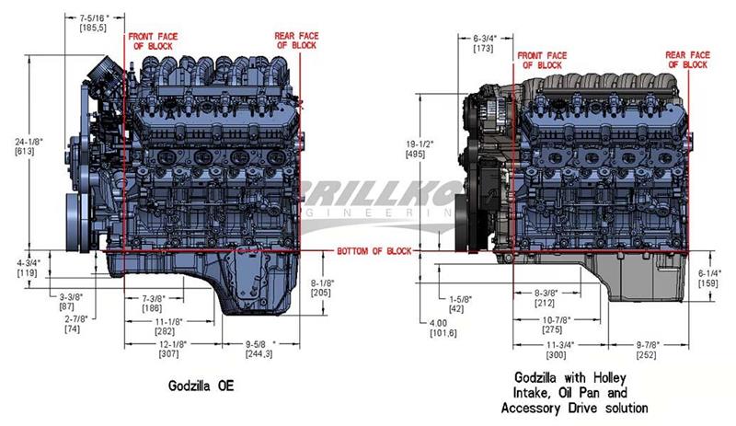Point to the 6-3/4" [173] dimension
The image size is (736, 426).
(484, 42)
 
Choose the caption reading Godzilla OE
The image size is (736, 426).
(203, 386)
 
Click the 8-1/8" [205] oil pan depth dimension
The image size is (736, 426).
(321, 287)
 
